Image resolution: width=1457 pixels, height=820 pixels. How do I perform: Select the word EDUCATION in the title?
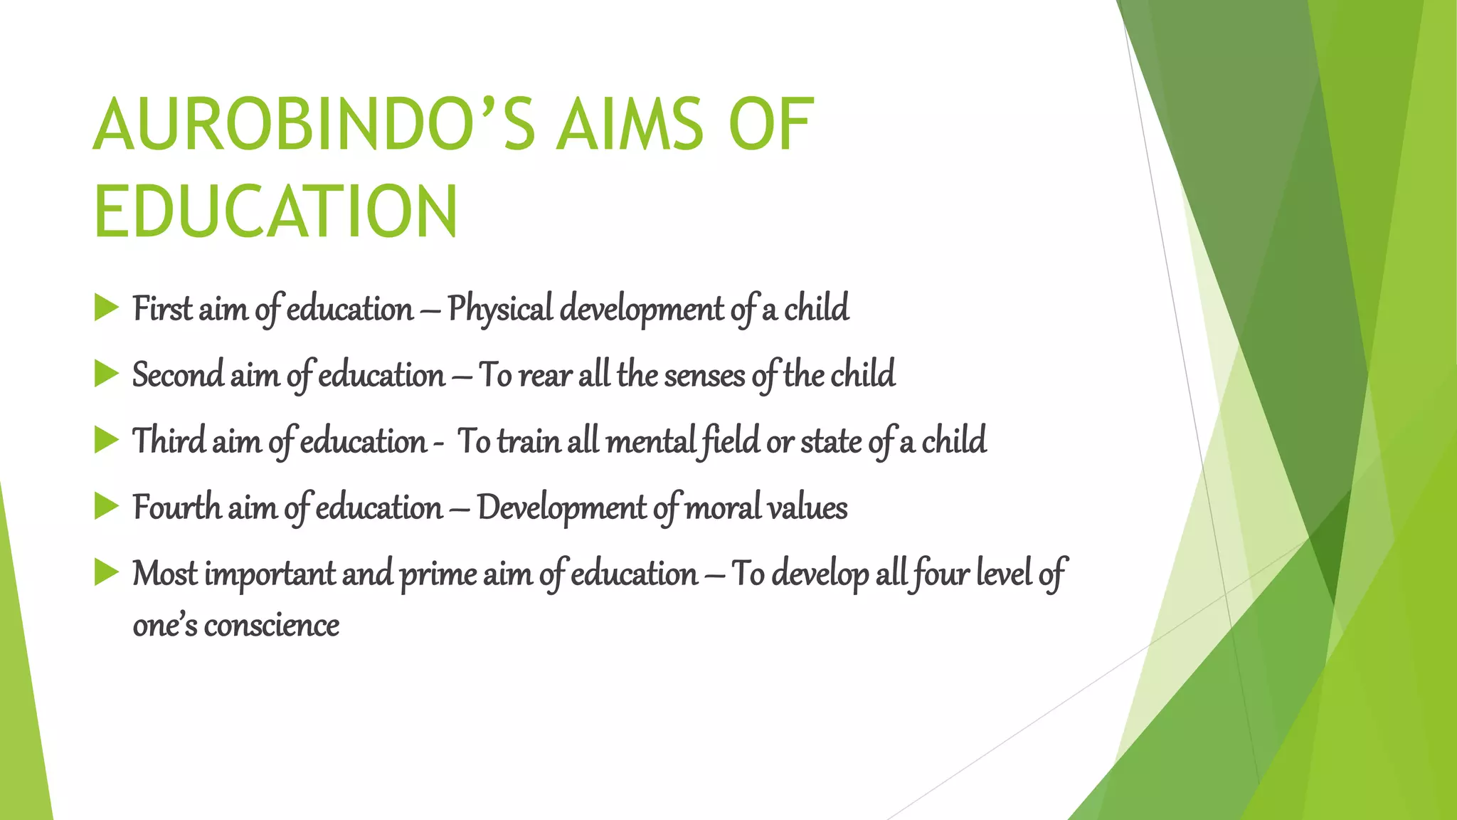[x=276, y=212]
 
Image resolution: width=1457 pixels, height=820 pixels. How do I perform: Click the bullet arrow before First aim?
[x=106, y=308]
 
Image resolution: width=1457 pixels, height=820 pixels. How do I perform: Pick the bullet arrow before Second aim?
[x=106, y=374]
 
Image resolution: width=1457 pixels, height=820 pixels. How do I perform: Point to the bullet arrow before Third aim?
[x=106, y=440]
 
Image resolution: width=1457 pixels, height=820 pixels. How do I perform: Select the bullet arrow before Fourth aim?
[x=106, y=506]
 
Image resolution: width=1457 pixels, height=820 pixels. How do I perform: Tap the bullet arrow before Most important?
[x=106, y=572]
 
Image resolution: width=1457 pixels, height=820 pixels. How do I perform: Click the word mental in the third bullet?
[x=650, y=441]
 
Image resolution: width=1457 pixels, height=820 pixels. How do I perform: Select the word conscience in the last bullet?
[x=271, y=626]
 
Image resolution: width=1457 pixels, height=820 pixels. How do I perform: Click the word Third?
[x=169, y=441]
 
